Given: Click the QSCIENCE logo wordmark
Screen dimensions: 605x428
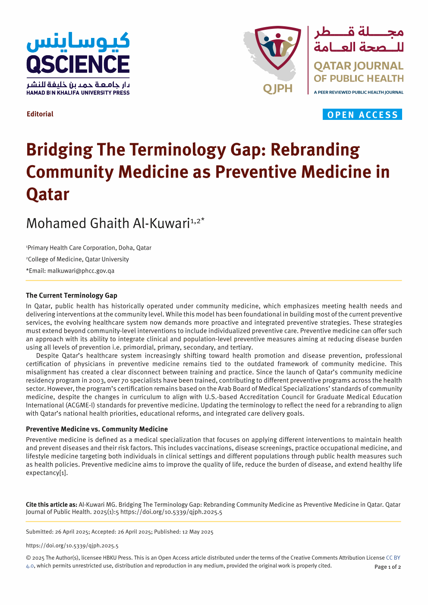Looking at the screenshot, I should [x=78, y=64].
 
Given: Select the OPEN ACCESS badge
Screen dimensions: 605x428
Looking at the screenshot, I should [x=362, y=115].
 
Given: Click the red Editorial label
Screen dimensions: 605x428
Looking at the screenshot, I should [x=40, y=114].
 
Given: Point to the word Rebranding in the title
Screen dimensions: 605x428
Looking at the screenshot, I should [x=315, y=150].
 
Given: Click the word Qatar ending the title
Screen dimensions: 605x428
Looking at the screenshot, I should [x=47, y=194].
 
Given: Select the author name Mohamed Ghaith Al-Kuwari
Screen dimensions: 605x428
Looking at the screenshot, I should [x=108, y=223].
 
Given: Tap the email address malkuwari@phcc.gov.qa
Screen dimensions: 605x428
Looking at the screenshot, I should [x=81, y=271].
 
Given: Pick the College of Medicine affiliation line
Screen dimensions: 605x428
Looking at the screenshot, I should [x=78, y=259].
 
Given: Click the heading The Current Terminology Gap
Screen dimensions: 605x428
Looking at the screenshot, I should [x=72, y=295].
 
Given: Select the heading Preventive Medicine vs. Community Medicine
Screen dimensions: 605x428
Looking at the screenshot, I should [x=97, y=429].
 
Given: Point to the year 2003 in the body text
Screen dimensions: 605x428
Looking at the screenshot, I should [x=96, y=380].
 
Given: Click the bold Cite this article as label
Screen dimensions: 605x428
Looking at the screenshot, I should [x=51, y=505].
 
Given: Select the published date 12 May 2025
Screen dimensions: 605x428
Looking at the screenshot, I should [x=198, y=532].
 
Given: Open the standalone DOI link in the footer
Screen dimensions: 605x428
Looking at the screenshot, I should [x=72, y=545].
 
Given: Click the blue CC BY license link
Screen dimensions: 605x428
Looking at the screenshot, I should [x=393, y=558].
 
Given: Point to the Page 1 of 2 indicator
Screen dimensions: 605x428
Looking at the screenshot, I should [x=387, y=567].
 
